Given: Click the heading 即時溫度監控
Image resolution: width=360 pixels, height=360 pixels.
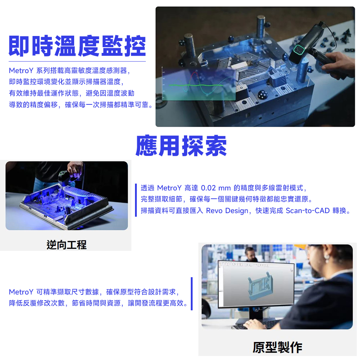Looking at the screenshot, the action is click(77, 46).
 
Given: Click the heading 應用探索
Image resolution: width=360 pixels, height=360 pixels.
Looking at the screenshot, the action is click(181, 146).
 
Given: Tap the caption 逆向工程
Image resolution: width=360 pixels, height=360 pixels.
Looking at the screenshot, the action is click(66, 245).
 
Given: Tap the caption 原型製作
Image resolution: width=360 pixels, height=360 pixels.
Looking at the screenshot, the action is click(277, 347).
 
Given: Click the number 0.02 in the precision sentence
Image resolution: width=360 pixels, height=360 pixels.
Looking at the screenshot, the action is click(208, 188).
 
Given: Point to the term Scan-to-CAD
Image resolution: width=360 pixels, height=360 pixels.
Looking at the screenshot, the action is click(308, 211).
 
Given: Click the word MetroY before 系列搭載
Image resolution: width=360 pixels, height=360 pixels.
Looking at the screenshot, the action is click(21, 71).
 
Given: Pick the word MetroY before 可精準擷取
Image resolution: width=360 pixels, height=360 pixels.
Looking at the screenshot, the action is click(21, 292).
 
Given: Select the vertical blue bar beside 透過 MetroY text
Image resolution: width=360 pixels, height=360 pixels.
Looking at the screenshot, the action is click(136, 200).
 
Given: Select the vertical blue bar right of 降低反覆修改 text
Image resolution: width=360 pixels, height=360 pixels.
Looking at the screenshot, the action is click(192, 294).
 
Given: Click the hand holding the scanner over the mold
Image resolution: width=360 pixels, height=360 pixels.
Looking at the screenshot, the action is click(339, 64).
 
